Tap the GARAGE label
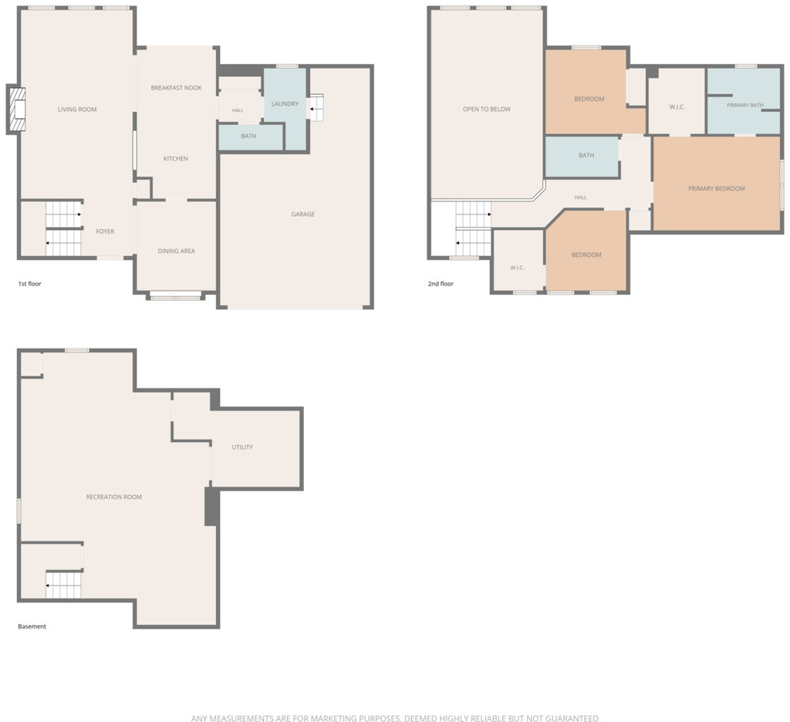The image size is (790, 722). pos(302,214)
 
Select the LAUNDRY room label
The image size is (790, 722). pos(285,104)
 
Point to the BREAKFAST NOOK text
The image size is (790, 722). pos(177,88)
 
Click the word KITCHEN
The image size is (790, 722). pos(176,159)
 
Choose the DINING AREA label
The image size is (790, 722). pos(177,251)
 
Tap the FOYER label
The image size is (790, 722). pos(105,231)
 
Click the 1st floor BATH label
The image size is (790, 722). pos(248,136)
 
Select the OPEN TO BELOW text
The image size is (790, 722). pos(487,109)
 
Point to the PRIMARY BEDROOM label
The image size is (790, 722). pos(717,188)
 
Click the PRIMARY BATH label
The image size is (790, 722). pos(745,106)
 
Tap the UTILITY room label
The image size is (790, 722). pos(242,447)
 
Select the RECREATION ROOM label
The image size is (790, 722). pos(114,497)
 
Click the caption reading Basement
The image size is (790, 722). pos(32,626)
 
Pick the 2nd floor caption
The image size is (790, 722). pos(441,284)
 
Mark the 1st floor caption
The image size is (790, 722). pos(30,284)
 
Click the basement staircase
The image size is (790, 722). pos(63,585)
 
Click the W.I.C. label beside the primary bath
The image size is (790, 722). pos(677,106)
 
